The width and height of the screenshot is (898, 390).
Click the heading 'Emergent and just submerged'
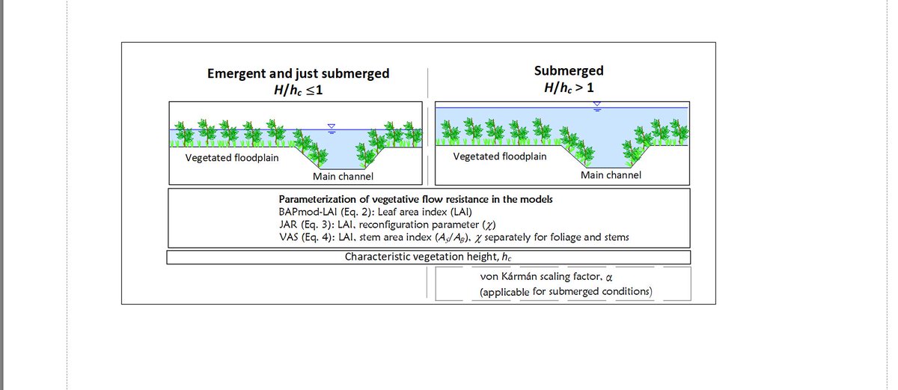point(298,73)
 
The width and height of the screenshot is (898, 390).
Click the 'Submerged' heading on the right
point(569,71)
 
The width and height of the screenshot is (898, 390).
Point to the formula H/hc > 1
point(569,87)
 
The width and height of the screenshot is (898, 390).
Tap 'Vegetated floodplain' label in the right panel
point(500,156)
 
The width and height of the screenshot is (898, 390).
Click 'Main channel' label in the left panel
point(343,177)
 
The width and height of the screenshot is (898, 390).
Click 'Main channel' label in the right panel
point(611,174)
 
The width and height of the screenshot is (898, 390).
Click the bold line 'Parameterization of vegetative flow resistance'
point(415,200)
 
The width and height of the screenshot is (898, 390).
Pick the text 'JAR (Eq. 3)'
point(305,224)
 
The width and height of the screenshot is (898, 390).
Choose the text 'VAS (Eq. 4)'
point(306,237)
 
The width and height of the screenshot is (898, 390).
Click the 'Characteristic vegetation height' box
point(427,257)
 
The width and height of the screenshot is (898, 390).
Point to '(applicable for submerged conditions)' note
point(566,291)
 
